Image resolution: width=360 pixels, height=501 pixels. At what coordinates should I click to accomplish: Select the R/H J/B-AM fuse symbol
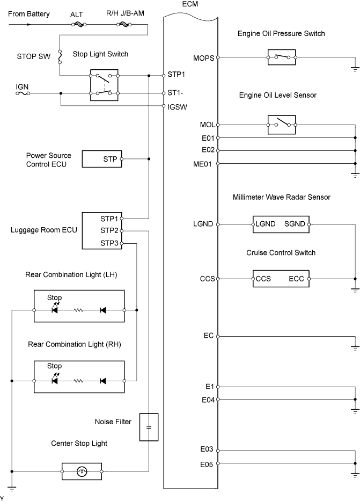click(x=124, y=24)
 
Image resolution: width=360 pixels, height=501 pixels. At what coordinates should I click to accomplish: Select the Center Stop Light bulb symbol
click(x=82, y=471)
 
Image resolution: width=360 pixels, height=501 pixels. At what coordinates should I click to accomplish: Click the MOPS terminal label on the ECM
click(x=204, y=58)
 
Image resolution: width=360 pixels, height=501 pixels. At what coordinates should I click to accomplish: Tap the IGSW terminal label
click(x=177, y=107)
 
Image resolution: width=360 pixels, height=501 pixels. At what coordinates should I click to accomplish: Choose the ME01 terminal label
click(x=202, y=164)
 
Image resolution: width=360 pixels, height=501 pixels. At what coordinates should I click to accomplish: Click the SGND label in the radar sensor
click(x=295, y=224)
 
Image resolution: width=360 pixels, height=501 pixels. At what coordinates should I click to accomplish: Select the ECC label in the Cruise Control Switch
click(x=296, y=279)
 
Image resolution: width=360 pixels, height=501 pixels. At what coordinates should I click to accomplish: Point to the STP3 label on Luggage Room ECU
click(x=109, y=243)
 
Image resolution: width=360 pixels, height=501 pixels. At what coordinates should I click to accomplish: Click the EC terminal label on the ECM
click(x=208, y=336)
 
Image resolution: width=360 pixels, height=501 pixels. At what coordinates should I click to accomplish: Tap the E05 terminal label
click(x=207, y=464)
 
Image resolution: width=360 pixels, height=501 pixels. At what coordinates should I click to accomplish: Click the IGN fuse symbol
click(x=23, y=93)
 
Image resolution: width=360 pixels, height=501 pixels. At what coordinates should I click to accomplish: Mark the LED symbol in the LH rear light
click(x=55, y=308)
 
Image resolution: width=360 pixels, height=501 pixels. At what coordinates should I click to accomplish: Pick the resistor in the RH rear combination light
click(x=78, y=381)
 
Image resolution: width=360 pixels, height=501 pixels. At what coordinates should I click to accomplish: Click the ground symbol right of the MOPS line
click(x=355, y=69)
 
